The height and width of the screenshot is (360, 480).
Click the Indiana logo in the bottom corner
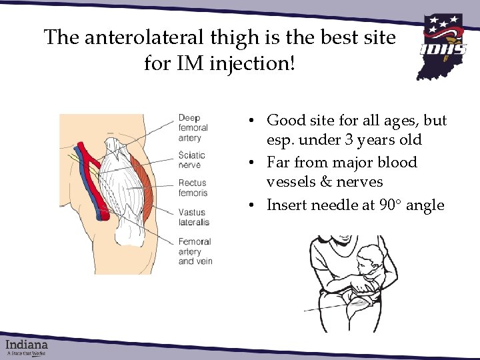point(27,347)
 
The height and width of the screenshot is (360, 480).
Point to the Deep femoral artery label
point(193,128)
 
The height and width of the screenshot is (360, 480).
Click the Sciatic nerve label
point(191,160)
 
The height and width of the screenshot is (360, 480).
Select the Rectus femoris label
point(193,187)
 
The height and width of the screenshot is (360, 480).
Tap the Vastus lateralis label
point(193,217)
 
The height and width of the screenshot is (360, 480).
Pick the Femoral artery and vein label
point(195,251)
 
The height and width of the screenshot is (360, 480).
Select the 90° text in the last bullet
point(389,205)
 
